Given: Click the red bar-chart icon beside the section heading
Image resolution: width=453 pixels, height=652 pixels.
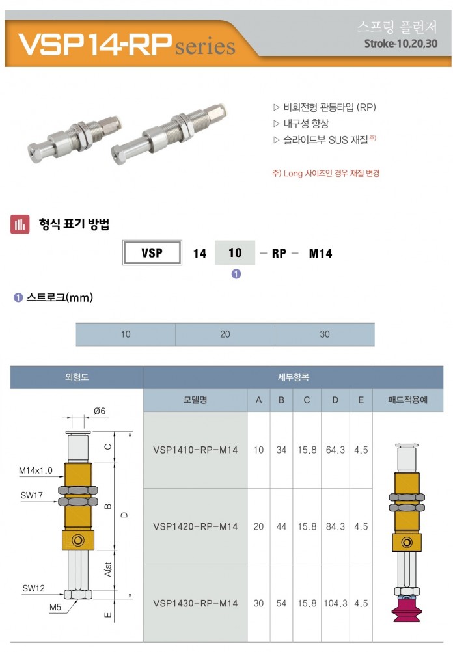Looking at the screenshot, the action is pos(20,224).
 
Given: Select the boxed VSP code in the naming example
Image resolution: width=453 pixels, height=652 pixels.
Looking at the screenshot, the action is pos(152,252).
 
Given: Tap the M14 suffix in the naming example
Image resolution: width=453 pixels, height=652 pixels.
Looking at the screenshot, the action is pos(320,253).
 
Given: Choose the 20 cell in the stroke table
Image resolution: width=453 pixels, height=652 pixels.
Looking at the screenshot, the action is pos(225,334).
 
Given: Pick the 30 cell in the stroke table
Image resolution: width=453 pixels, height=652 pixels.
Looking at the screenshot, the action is pos(325,334).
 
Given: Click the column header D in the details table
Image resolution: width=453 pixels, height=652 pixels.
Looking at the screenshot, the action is pos(335,400).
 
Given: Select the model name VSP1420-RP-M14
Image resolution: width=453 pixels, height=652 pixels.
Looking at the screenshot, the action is pos(195,526).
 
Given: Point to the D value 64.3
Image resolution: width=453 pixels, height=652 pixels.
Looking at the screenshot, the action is pos(335,450).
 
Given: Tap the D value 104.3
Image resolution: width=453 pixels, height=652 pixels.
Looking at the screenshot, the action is pos(335,603).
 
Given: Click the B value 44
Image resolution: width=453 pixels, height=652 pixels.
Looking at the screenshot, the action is pos(281,526).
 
